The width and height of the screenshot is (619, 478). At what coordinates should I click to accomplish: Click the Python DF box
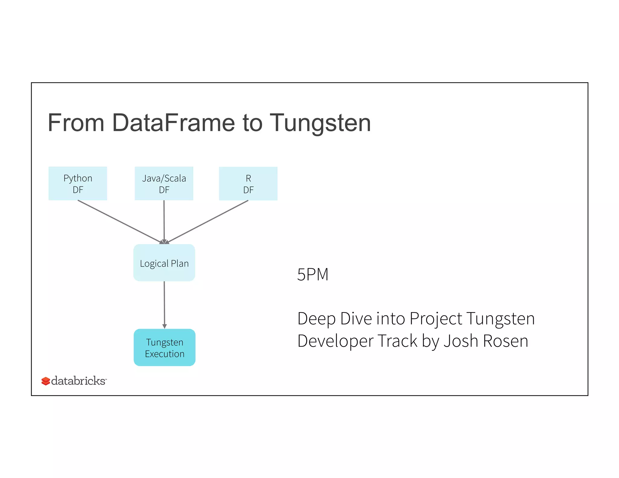click(x=78, y=183)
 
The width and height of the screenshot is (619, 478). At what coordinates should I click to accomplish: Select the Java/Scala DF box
click(x=164, y=183)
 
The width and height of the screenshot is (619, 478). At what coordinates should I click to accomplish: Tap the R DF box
click(x=248, y=183)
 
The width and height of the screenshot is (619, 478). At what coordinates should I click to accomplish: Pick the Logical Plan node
click(x=164, y=263)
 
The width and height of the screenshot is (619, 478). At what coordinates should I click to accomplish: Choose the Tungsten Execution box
click(x=164, y=347)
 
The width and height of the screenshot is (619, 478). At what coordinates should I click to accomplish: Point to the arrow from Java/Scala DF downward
click(x=164, y=221)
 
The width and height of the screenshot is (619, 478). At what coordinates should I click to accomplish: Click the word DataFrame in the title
click(x=173, y=123)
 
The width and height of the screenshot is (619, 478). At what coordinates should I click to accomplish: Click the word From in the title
click(x=76, y=123)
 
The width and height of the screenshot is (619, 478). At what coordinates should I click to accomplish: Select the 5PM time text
click(x=313, y=274)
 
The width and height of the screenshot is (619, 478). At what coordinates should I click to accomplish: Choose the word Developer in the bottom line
click(x=335, y=341)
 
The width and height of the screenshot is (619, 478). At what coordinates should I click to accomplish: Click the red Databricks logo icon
click(x=46, y=381)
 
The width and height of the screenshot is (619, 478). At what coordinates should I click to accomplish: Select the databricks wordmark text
click(x=78, y=381)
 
